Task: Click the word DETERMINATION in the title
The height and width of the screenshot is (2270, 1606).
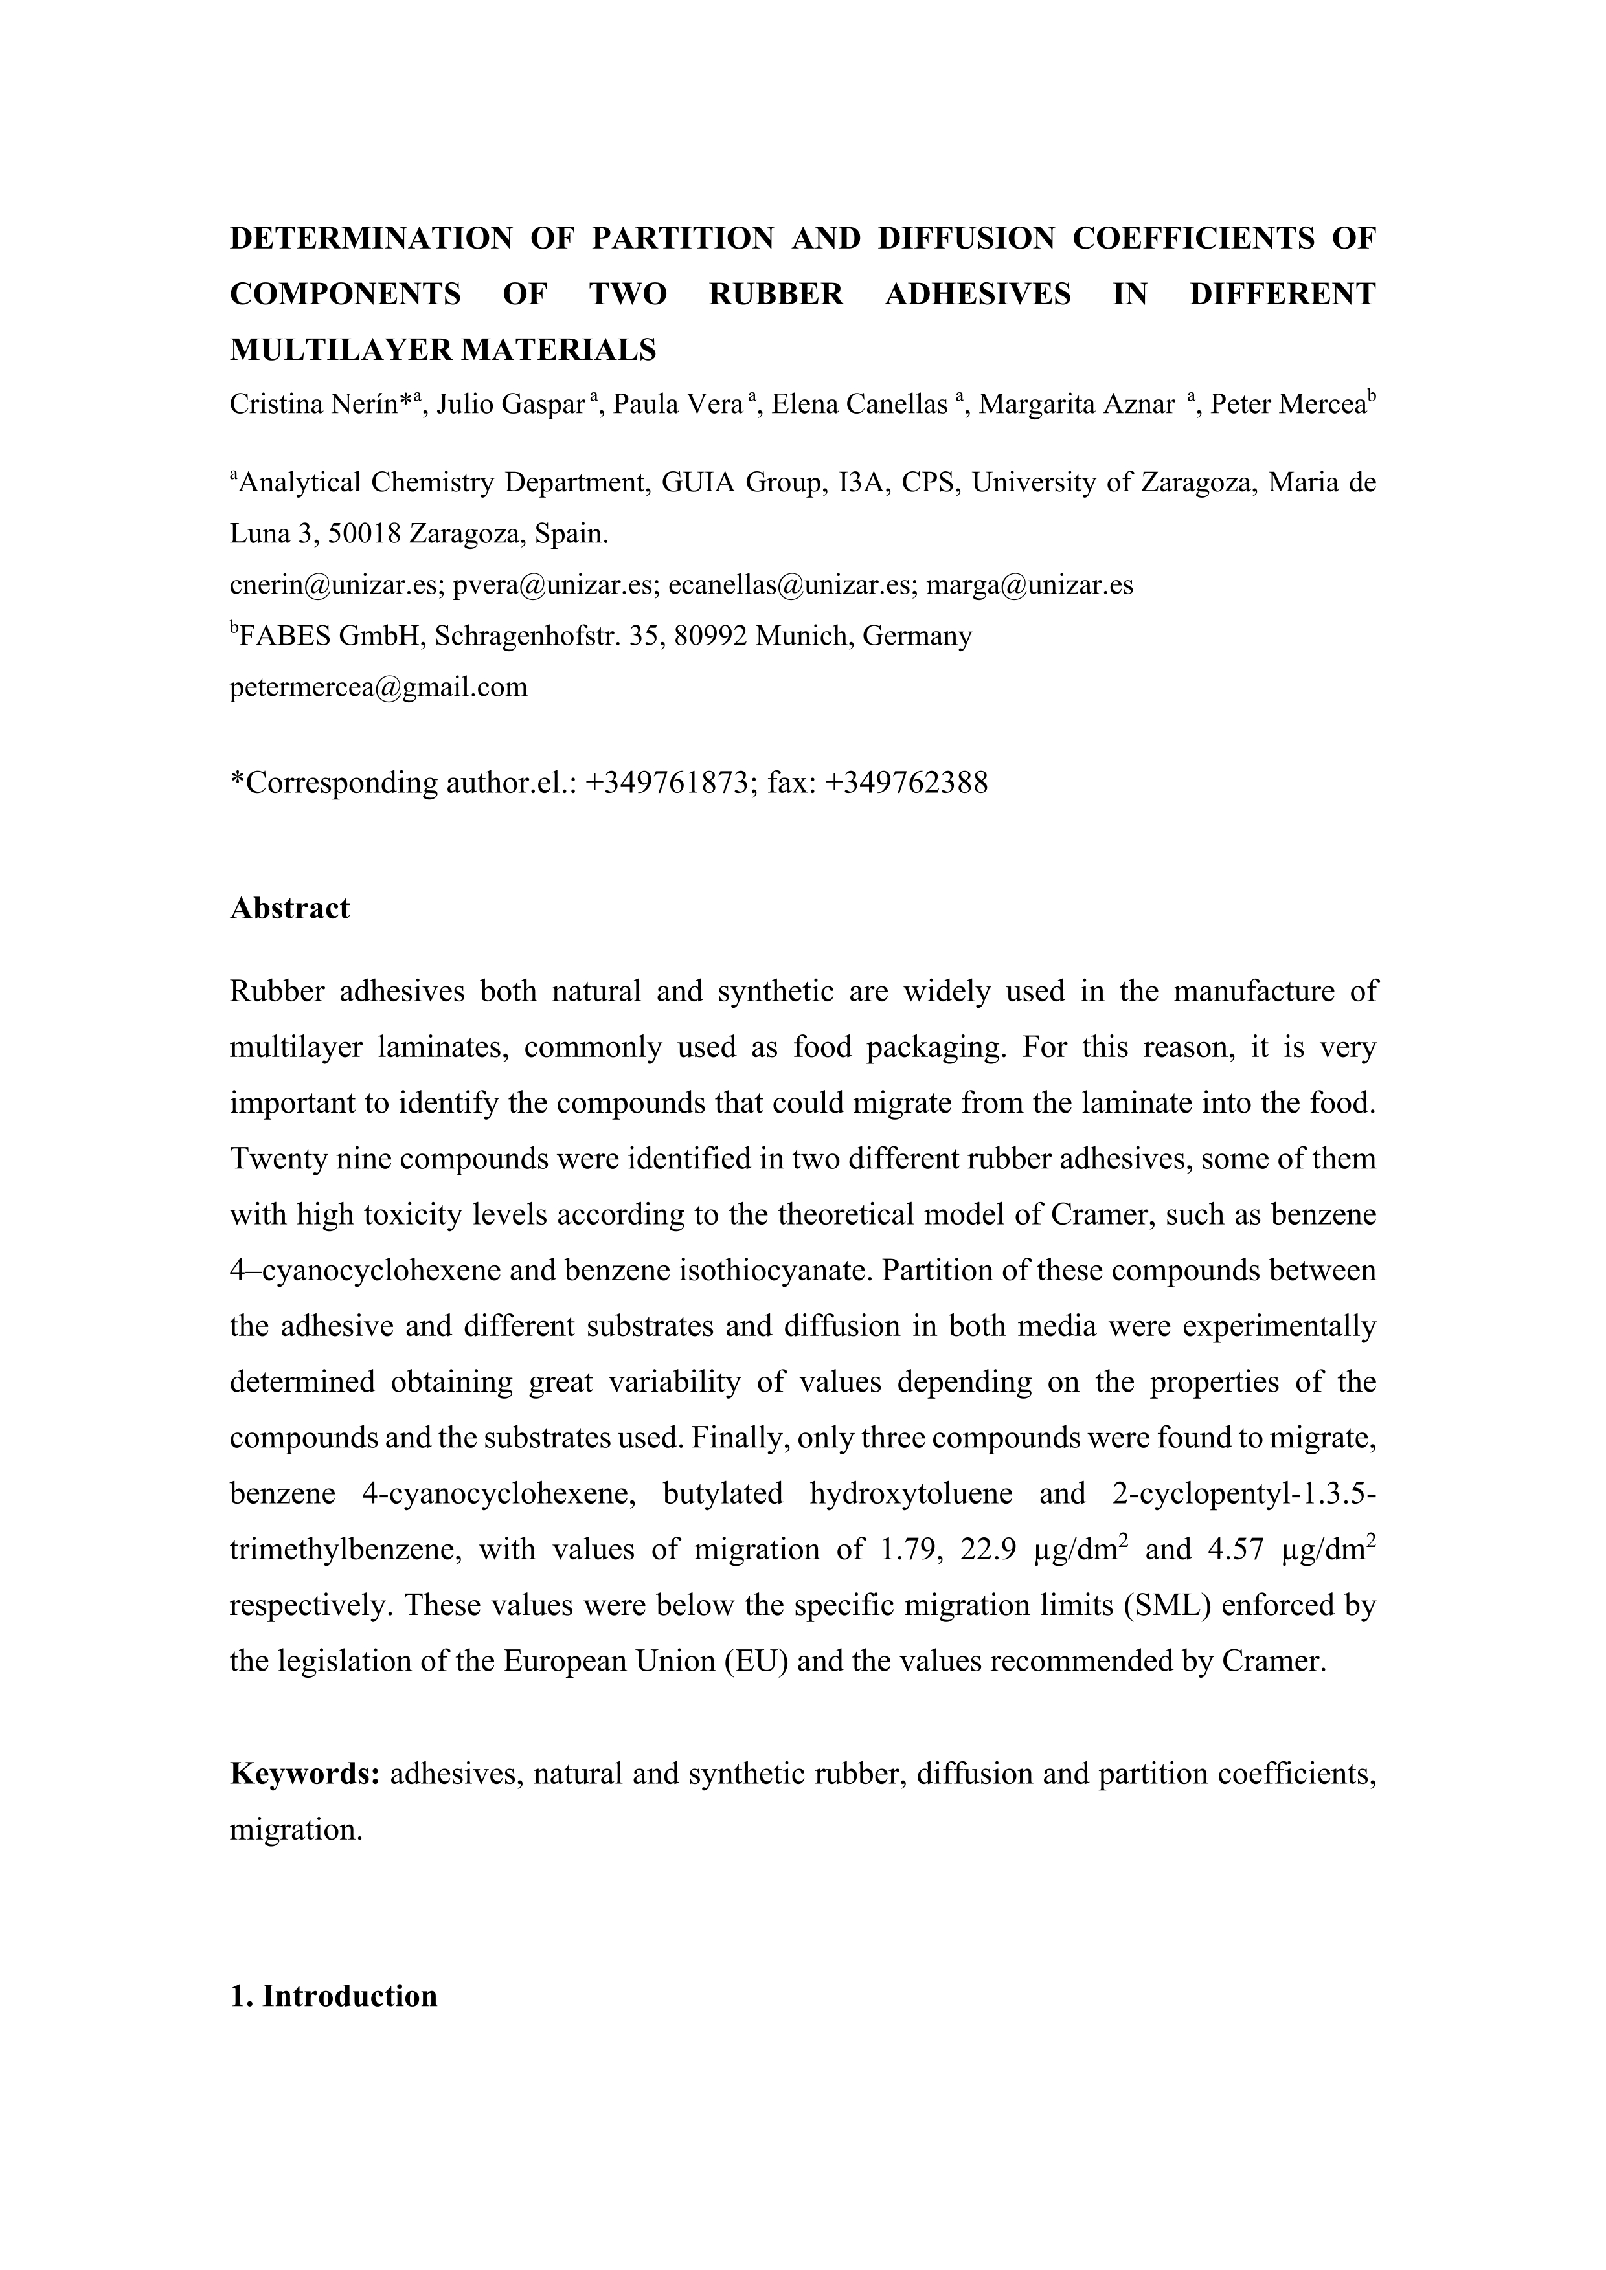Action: (x=371, y=238)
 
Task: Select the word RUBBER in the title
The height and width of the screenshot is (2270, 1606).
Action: (x=776, y=294)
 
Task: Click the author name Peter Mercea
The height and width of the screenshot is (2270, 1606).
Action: (x=1287, y=405)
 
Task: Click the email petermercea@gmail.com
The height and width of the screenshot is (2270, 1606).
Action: (x=379, y=687)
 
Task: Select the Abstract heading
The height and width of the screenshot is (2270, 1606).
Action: (x=289, y=909)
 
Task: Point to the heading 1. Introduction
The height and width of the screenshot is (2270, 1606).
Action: (x=334, y=1995)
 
